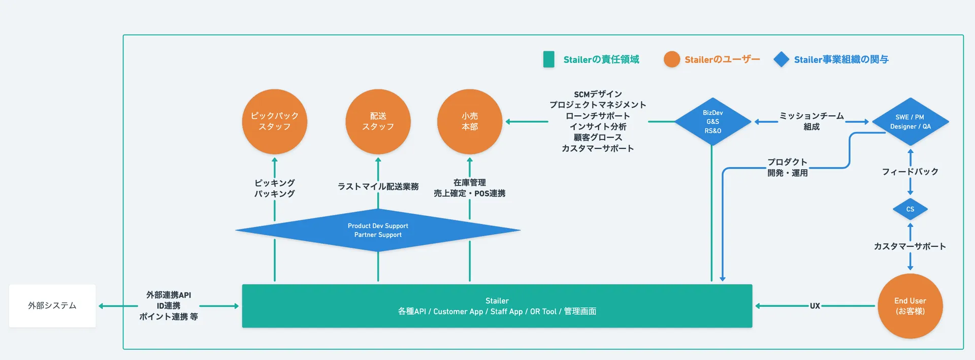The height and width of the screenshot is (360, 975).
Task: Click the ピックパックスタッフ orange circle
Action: point(275,122)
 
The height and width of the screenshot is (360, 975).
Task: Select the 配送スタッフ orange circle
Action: point(378,122)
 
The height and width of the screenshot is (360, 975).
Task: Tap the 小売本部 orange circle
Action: point(470,122)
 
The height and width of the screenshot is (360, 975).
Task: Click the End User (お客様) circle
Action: point(910,306)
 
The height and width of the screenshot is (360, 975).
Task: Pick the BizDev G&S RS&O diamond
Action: point(712,122)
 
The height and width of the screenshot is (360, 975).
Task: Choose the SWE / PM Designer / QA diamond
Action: point(910,122)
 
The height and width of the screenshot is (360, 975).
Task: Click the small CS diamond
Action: point(910,209)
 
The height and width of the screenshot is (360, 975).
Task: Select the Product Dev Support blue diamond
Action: point(378,230)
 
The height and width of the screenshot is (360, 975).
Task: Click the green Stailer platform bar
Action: point(497,306)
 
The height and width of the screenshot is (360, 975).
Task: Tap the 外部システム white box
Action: point(52,306)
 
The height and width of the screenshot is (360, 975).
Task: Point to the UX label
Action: point(815,306)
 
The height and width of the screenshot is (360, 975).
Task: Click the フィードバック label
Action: point(910,172)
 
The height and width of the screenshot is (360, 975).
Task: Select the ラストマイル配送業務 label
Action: point(378,186)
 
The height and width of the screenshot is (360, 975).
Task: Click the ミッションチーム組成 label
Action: point(811,121)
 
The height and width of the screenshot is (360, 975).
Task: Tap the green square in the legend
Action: point(548,59)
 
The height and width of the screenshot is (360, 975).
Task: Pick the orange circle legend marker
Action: point(672,59)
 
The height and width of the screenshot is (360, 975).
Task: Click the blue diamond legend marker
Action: point(781,59)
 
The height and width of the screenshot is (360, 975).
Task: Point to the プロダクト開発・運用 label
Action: point(787,168)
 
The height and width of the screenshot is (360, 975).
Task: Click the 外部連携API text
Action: point(169,295)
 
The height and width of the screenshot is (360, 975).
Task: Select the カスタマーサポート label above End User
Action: point(910,246)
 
